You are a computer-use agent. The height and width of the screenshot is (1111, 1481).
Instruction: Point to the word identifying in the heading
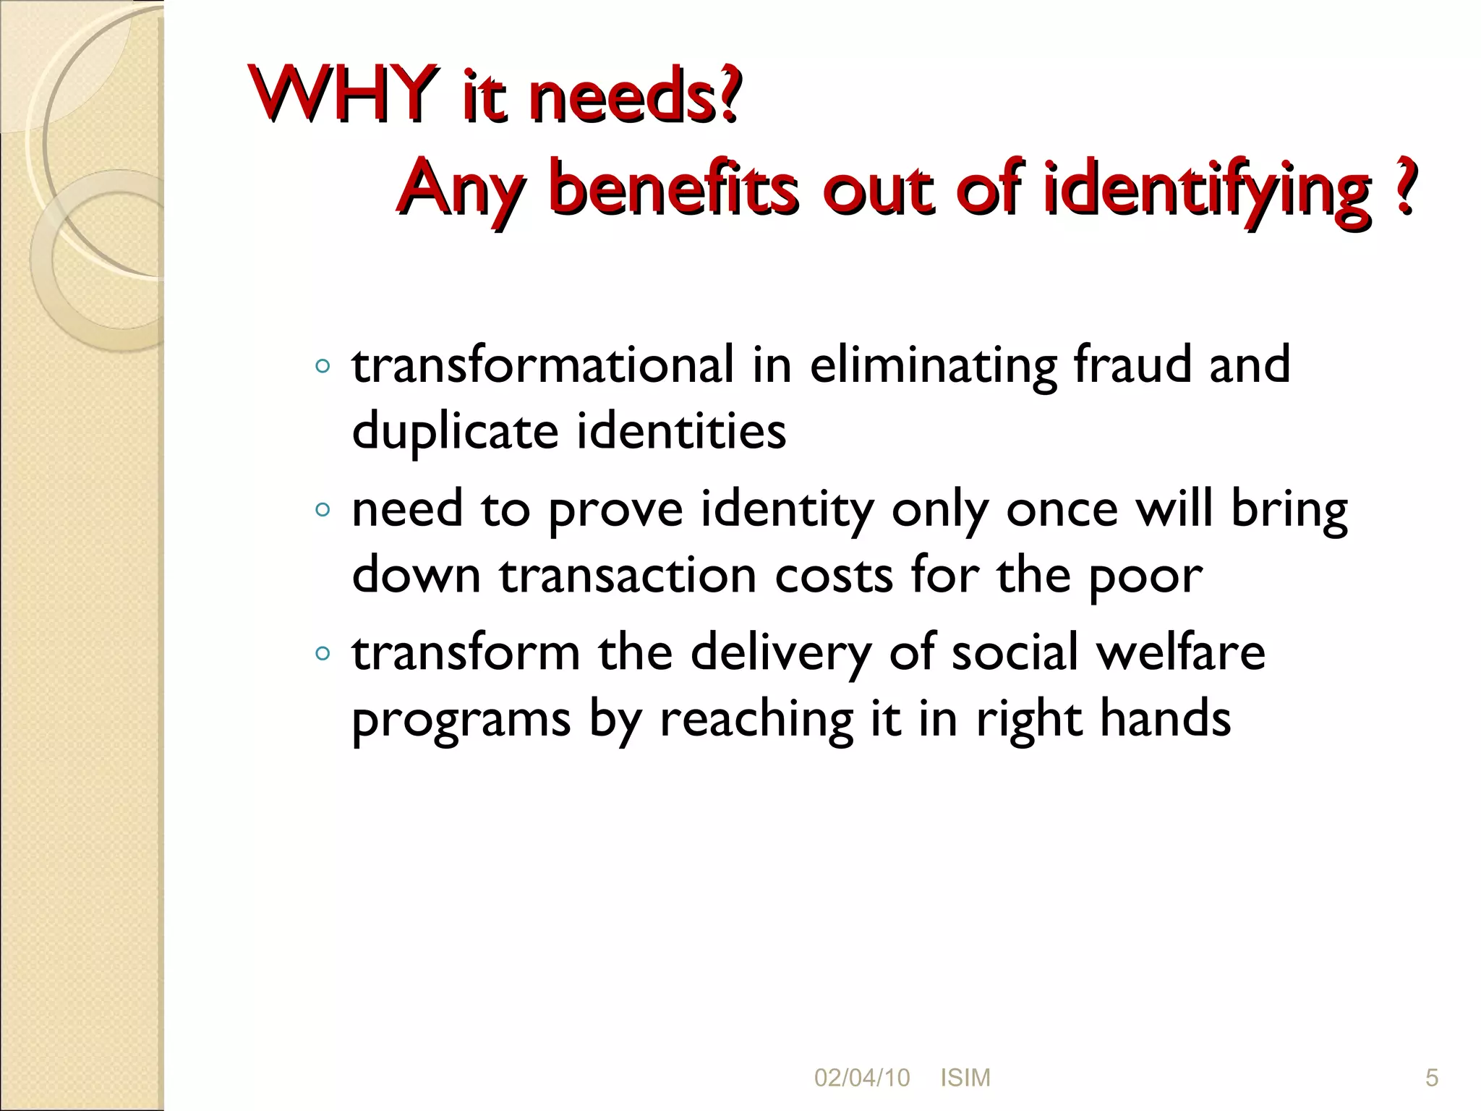pos(1208,190)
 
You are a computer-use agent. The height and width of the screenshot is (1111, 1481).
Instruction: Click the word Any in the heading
pos(461,190)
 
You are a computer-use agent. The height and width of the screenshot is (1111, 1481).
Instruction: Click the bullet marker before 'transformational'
pos(323,367)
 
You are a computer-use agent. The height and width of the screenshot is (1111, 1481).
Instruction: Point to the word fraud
pos(1132,365)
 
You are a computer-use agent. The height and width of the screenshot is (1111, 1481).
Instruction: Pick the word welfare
pos(1180,652)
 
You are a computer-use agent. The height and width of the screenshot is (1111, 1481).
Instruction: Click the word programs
pos(461,720)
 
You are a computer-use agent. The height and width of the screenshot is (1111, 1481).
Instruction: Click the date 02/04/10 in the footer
pos(862,1078)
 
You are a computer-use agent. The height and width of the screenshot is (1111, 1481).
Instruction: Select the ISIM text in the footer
pos(965,1078)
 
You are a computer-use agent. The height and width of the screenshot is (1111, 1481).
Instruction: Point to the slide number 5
pos(1431,1078)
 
